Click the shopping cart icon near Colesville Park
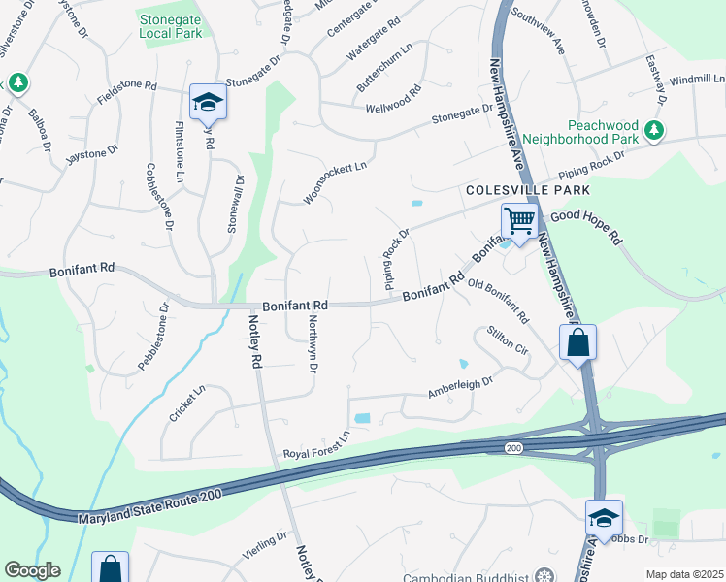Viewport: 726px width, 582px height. pos(519,221)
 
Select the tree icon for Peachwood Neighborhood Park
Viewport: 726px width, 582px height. pos(655,130)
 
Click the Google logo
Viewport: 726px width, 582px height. pos(32,570)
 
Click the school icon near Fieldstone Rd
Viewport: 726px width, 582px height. pos(208,102)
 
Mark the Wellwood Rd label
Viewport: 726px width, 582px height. pos(392,101)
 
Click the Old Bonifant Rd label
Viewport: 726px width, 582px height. pos(498,300)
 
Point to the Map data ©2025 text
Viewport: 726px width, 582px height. pos(684,574)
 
